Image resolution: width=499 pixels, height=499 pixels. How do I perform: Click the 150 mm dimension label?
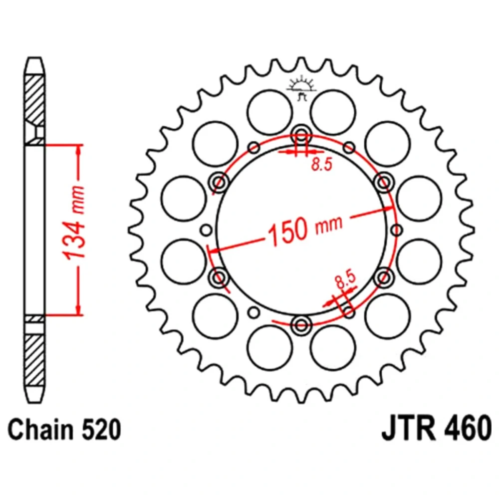point(305,228)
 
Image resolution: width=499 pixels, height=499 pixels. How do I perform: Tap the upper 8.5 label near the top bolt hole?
point(321,164)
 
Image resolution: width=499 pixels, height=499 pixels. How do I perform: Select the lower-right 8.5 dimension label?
point(345,279)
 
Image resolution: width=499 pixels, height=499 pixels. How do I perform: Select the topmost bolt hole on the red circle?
point(301,134)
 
